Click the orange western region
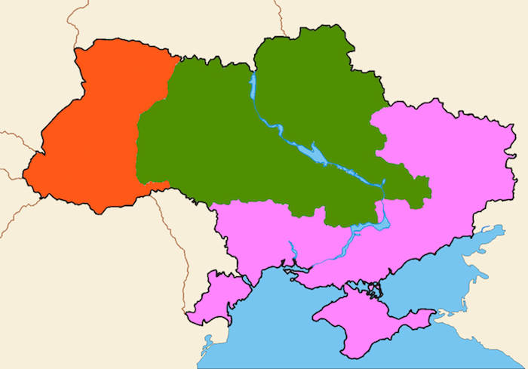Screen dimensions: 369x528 pos(91,136)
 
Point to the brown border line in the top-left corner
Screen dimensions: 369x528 pos(75,19)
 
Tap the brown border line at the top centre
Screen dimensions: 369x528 pos(279,15)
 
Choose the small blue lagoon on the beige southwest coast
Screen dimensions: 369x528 pos(206,348)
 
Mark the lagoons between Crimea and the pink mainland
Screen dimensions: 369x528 pos(370,288)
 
